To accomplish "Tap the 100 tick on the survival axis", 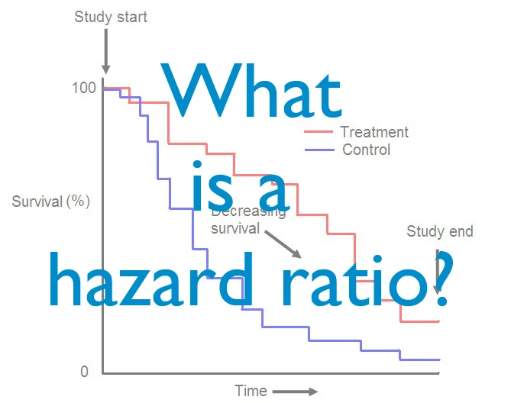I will point(84,88).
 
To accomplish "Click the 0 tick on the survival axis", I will point(84,372).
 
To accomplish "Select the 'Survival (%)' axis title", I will point(51,202).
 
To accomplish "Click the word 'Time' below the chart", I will point(251,391).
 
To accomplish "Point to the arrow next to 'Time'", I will point(295,392).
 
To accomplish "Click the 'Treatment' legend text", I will point(374,132).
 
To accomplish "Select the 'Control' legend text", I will point(366,150).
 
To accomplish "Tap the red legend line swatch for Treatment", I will point(320,132).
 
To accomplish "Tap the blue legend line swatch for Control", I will point(320,150).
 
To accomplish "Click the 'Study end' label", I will point(440,231).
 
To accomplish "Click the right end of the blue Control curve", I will point(439,359).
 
